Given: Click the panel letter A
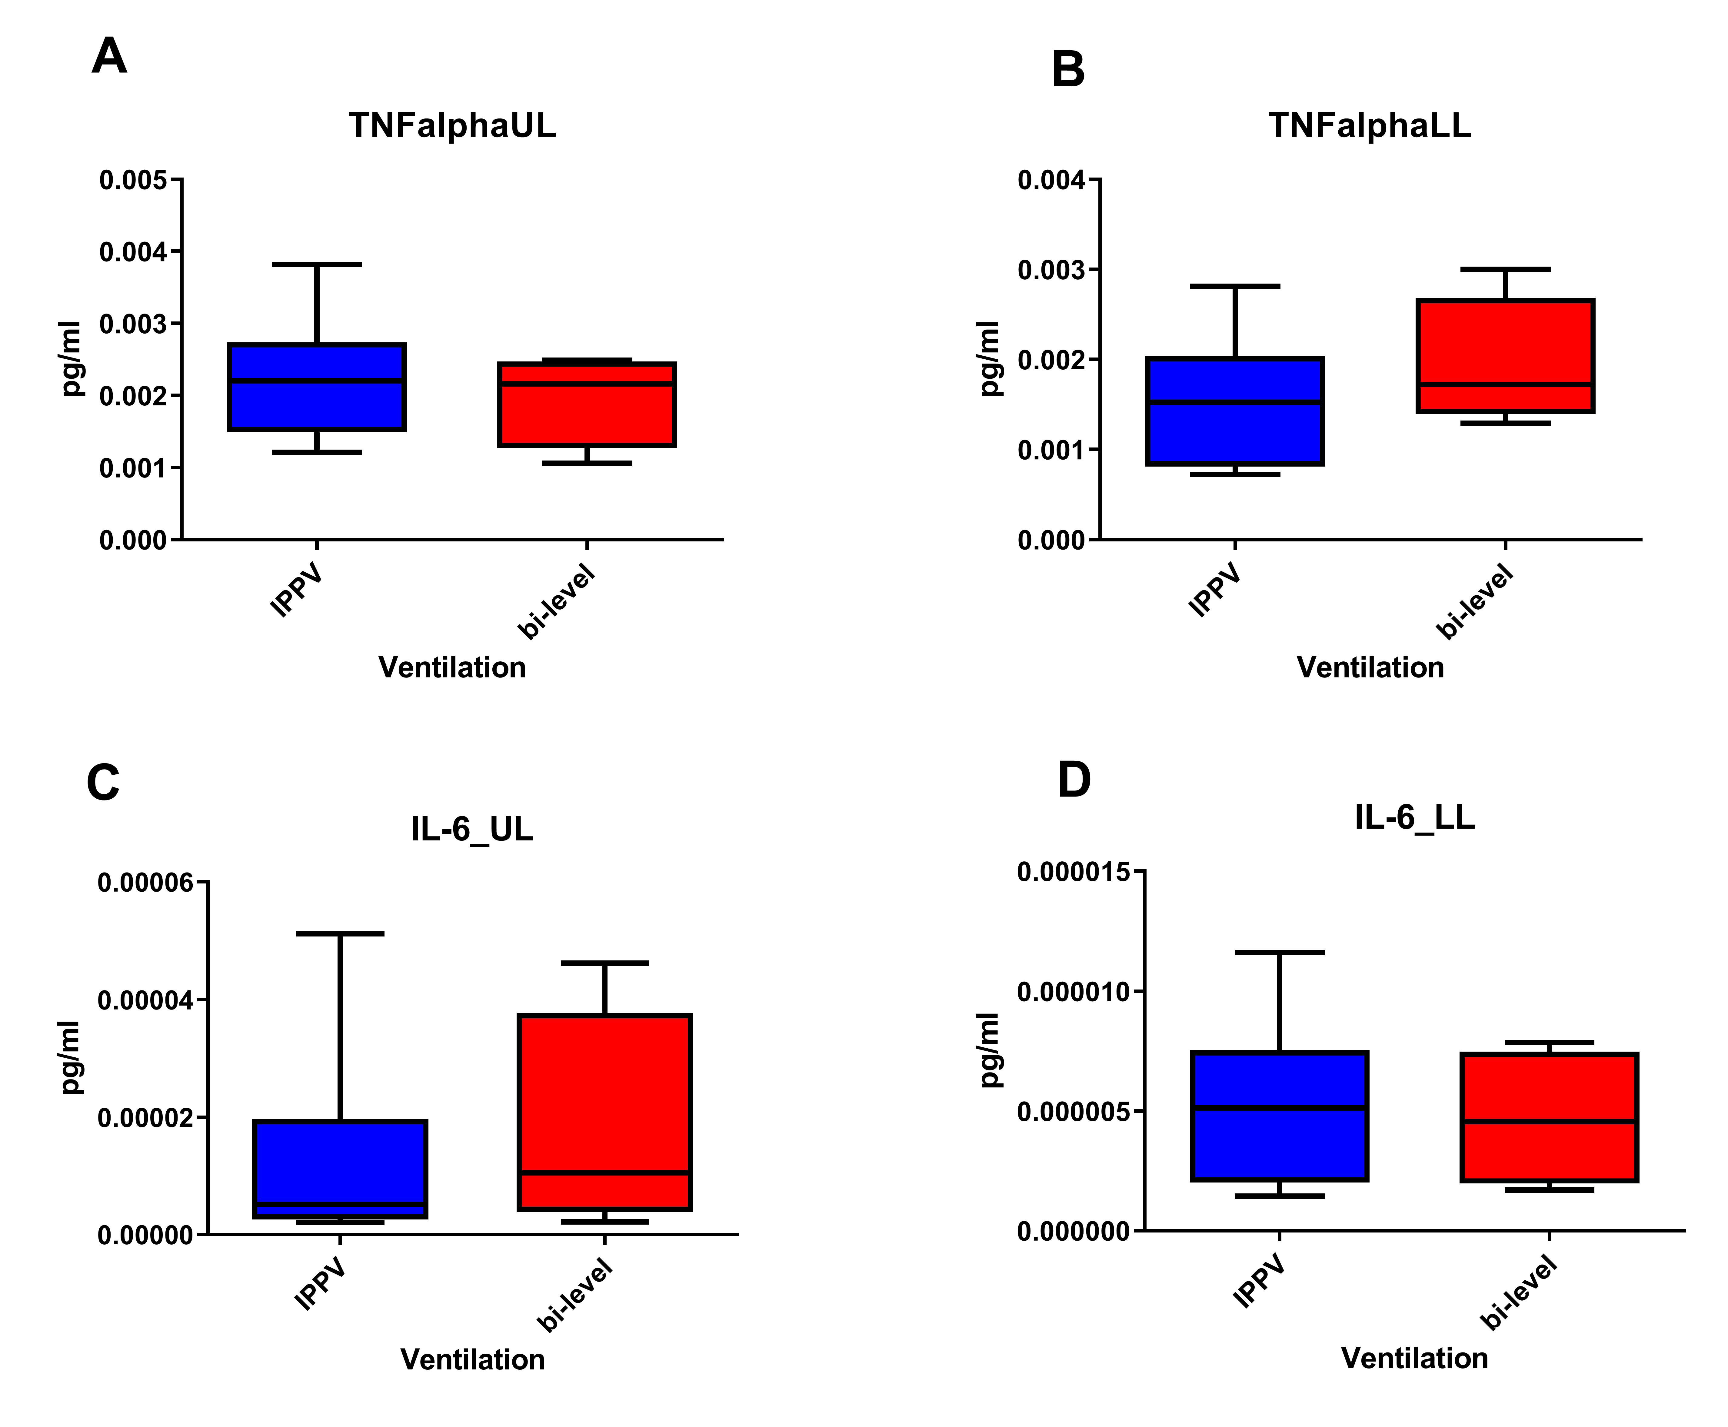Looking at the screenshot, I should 109,57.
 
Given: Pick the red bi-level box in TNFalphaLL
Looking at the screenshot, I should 1504,355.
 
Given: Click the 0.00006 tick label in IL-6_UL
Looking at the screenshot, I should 145,883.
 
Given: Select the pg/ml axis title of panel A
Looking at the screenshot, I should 72,359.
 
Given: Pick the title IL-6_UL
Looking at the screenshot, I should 472,830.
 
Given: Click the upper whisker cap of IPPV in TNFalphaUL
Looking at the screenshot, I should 317,265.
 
